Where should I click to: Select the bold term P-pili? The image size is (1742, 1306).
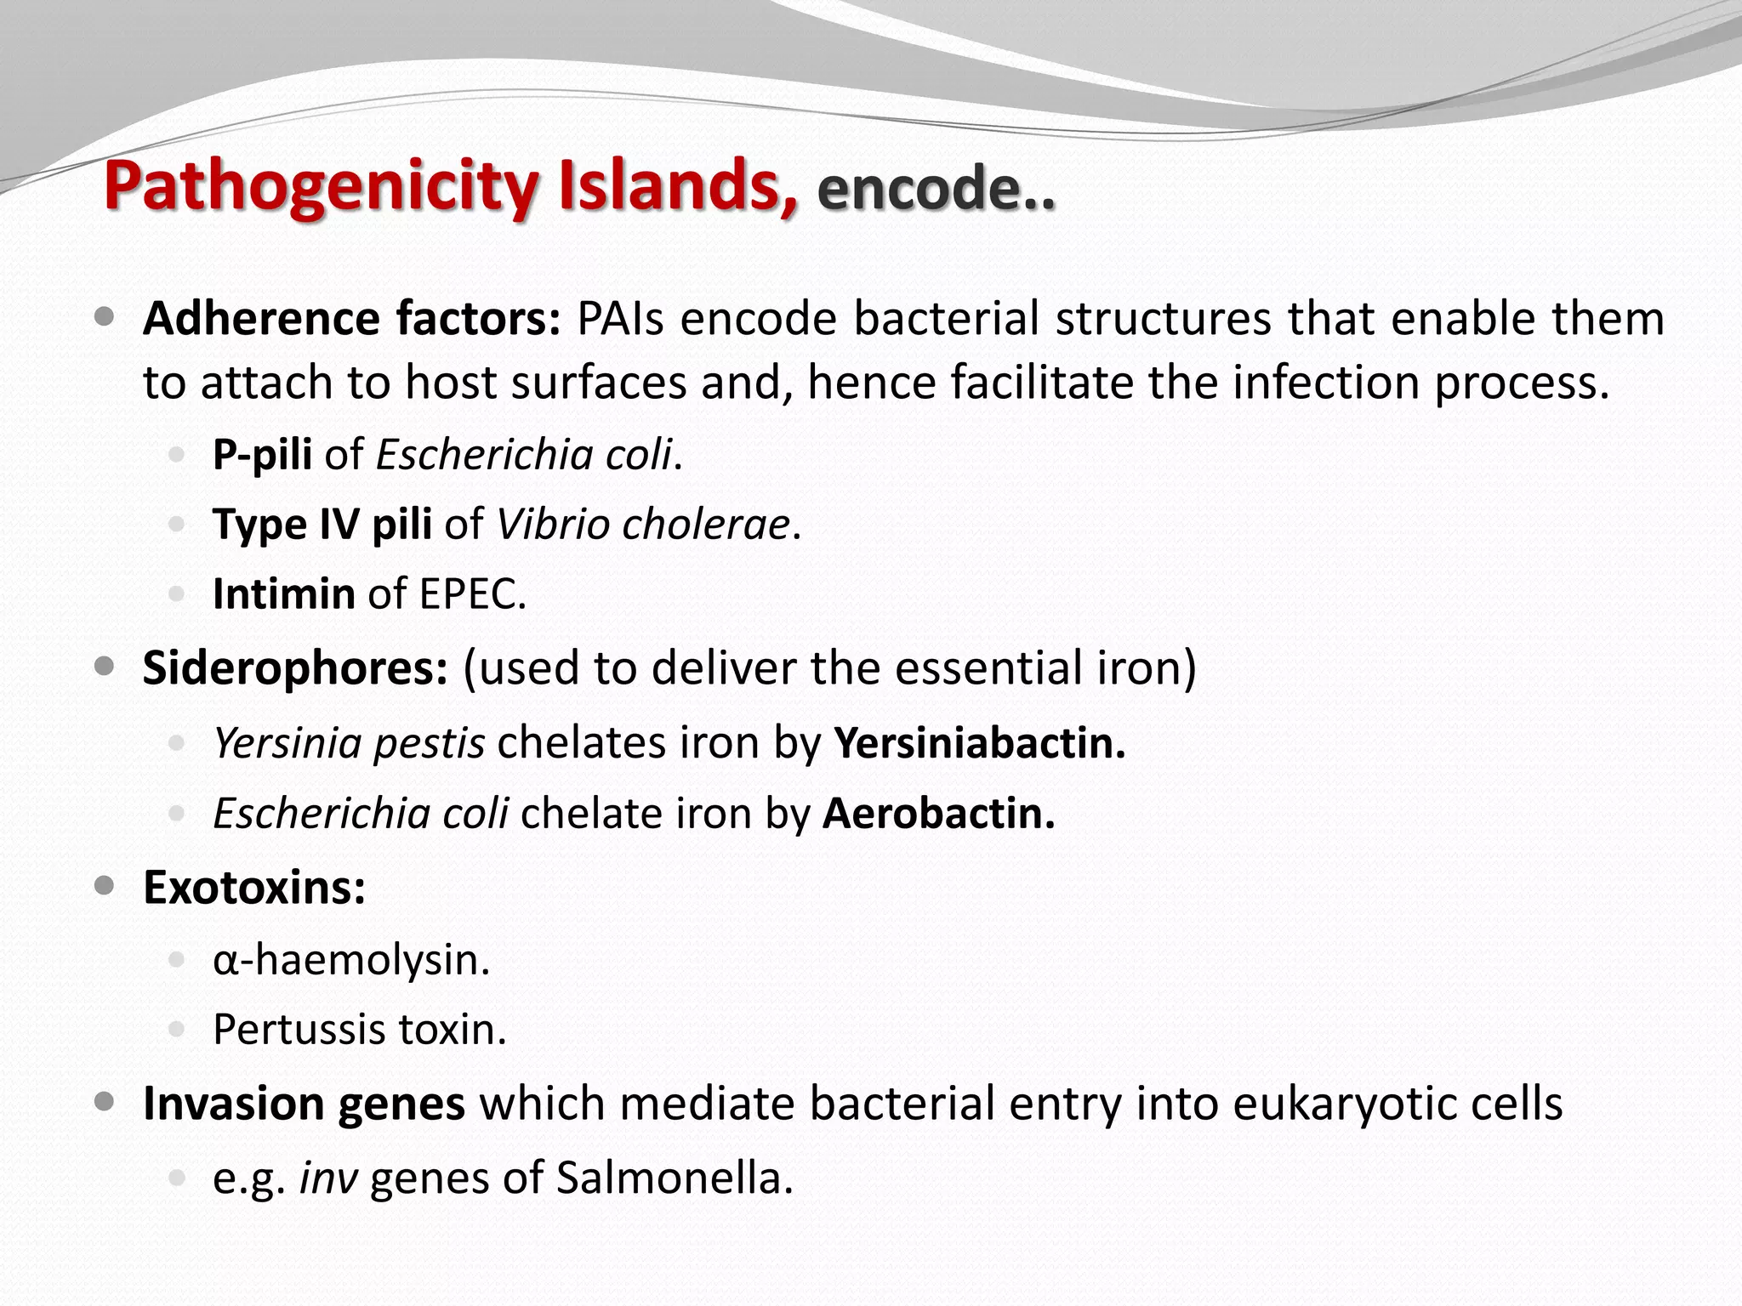[x=262, y=454]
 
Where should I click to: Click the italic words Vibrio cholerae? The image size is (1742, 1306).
[x=643, y=524]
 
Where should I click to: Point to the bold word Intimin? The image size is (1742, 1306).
[x=283, y=593]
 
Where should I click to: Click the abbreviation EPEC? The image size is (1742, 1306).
[x=472, y=593]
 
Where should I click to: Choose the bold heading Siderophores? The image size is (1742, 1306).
[x=295, y=667]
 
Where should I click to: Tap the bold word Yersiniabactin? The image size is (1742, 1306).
[x=979, y=742]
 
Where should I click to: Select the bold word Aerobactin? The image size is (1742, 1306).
[x=938, y=813]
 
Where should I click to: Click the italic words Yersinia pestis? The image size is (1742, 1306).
[x=349, y=742]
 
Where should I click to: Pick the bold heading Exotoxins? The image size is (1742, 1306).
[x=254, y=888]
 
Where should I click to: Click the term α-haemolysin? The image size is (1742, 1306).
[x=351, y=960]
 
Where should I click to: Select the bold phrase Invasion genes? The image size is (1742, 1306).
[x=304, y=1104]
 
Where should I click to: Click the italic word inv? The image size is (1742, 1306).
[x=327, y=1178]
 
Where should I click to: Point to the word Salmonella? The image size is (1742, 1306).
[x=674, y=1178]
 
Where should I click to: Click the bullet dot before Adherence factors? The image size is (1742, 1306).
[x=105, y=318]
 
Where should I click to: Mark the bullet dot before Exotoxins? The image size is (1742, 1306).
[x=105, y=887]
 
